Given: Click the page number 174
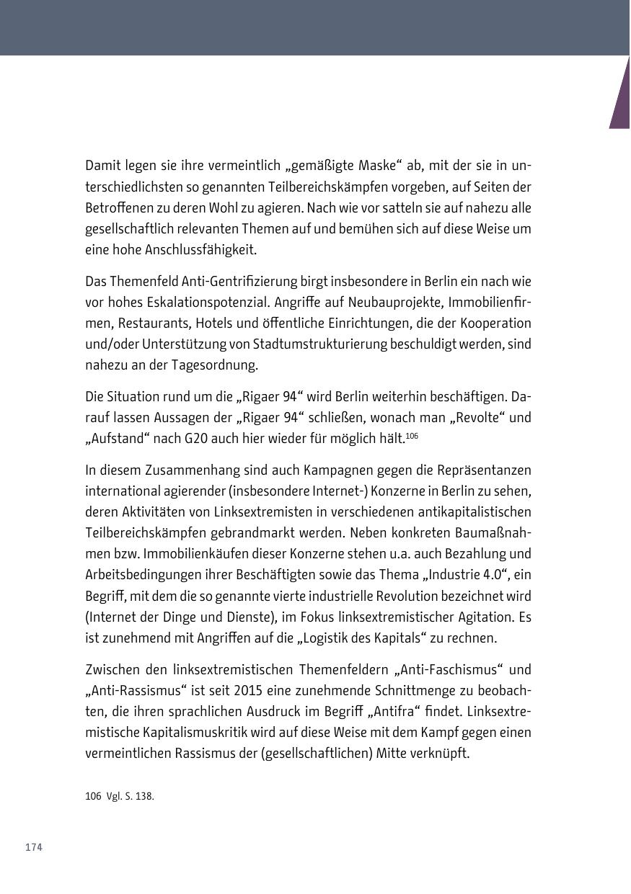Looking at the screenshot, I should click(x=34, y=847).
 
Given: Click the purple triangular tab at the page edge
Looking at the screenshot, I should click(x=622, y=97).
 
